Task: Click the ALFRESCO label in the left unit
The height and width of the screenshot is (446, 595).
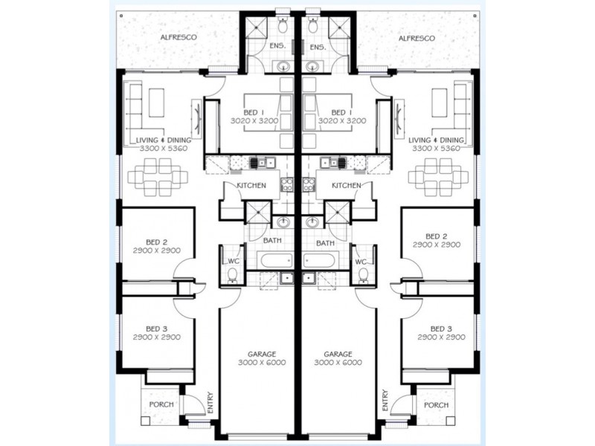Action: [178, 37]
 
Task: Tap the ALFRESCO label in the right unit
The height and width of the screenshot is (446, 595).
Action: [416, 39]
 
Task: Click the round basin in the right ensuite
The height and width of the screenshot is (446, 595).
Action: [312, 67]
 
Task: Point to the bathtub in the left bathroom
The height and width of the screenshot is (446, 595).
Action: [276, 261]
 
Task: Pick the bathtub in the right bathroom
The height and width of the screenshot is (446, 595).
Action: [319, 261]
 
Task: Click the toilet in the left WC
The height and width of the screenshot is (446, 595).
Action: [232, 275]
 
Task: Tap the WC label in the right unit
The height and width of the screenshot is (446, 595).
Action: [361, 262]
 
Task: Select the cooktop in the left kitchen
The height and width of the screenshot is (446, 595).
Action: [286, 184]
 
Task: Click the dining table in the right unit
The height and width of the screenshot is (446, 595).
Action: [437, 177]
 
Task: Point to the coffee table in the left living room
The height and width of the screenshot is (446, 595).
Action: [156, 103]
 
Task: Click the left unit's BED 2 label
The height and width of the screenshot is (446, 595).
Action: [157, 242]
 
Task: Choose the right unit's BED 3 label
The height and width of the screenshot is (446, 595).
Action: [441, 329]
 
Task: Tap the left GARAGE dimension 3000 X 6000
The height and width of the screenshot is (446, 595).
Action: [262, 363]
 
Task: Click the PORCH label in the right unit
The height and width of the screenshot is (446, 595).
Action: [437, 405]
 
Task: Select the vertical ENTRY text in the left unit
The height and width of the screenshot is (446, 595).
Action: [210, 402]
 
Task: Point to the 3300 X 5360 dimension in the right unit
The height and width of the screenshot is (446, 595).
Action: [437, 148]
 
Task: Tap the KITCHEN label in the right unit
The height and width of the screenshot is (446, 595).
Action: [347, 185]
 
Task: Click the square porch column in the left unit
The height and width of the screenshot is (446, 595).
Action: [145, 421]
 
